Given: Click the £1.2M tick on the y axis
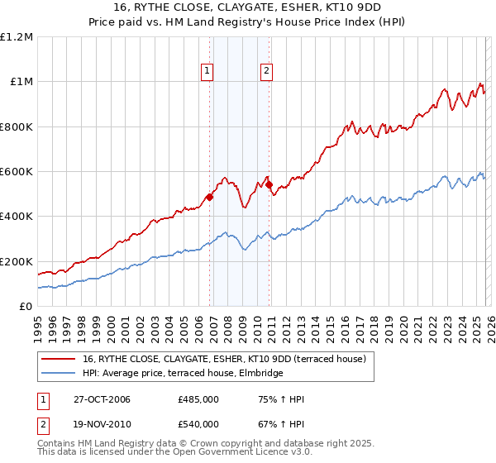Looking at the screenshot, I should pyautogui.click(x=17, y=37).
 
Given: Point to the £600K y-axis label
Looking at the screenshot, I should pyautogui.click(x=17, y=172).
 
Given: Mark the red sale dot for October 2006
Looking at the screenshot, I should pyautogui.click(x=210, y=197).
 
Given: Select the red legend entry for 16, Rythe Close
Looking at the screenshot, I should pyautogui.click(x=229, y=358).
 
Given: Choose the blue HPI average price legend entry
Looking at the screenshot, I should pyautogui.click(x=183, y=373).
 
